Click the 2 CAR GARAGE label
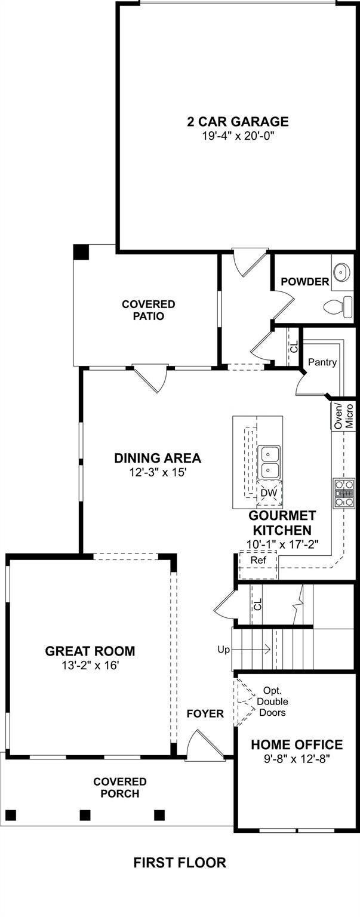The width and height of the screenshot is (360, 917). (238, 122)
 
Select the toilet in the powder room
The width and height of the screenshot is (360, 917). (338, 307)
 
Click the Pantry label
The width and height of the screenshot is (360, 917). (322, 362)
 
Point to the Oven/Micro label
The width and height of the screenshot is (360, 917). (343, 416)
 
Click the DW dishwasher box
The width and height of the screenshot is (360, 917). (269, 494)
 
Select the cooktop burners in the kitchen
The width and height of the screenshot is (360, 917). (344, 493)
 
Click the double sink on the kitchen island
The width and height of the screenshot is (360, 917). (269, 462)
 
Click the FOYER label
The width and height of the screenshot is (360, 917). (205, 714)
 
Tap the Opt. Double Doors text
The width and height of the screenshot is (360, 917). (272, 701)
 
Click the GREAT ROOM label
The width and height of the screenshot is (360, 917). (90, 651)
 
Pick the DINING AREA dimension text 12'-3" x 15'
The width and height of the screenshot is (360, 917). (158, 472)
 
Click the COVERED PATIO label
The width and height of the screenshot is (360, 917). (148, 310)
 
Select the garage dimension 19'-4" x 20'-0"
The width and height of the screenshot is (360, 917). (238, 136)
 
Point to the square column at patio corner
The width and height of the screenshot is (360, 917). (81, 252)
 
